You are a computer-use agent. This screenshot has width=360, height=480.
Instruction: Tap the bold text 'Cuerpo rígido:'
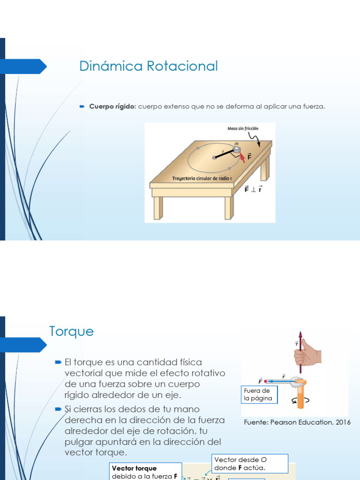click(112, 106)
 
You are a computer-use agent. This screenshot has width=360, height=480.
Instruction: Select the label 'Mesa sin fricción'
click(243, 128)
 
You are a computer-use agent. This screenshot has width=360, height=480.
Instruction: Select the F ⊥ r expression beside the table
click(253, 189)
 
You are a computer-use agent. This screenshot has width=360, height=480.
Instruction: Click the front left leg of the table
click(158, 208)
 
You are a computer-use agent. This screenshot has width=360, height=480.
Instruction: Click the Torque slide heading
click(71, 331)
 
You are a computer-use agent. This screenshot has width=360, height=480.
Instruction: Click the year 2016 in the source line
click(342, 422)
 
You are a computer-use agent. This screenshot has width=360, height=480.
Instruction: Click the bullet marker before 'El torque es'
click(58, 362)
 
